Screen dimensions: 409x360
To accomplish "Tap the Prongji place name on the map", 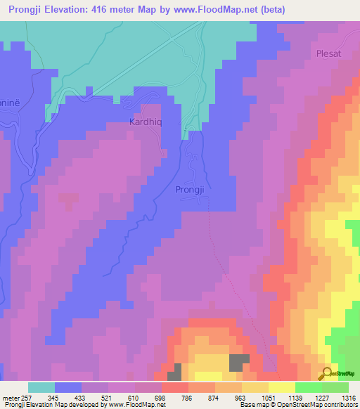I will click(191, 190).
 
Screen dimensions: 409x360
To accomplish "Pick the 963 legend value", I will click(240, 397).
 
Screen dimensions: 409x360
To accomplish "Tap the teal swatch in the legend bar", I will click(41, 387).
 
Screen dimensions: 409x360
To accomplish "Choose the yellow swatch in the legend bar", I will click(282, 387).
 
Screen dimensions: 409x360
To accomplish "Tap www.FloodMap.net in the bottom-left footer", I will click(137, 405).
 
